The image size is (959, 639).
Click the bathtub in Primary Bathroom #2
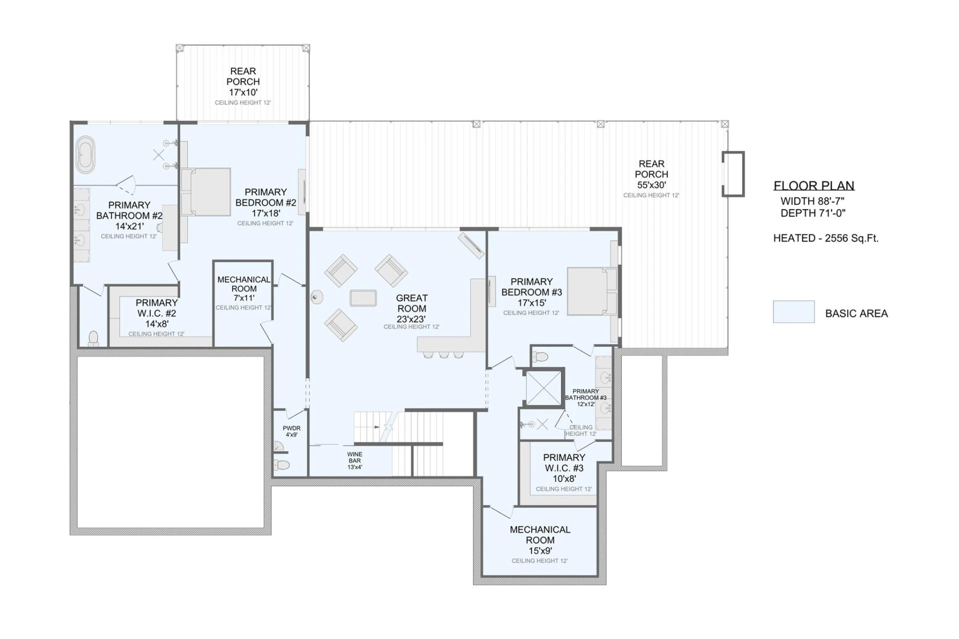pos(85,155)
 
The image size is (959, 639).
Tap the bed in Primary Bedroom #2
pos(206,192)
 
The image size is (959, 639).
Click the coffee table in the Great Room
pos(363,298)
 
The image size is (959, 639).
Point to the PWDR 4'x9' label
pos(292,431)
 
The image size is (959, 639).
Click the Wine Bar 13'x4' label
pos(355,461)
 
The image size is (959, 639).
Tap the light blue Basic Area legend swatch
pos(794,312)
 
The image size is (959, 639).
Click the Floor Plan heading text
pos(814,186)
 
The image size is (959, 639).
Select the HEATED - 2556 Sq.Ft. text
pos(826,238)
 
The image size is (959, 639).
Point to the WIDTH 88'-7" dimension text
pos(812,201)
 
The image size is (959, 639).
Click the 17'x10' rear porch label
pos(243,92)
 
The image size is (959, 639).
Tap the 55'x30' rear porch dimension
pos(651,185)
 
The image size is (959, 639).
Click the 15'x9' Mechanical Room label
pos(540,551)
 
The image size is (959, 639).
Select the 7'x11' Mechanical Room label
pos(244,298)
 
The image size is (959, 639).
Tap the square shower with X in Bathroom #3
pos(544,387)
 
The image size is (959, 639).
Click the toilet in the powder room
pos(282,465)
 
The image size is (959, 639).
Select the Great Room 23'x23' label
pos(412,309)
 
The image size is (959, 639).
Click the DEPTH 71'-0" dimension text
pos(813,213)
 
